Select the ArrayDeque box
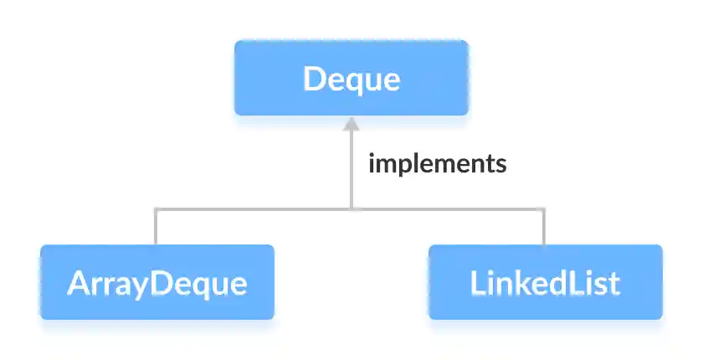pos(157,282)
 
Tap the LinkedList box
pos(545,282)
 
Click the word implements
pos(437,163)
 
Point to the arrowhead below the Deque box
pos(351,125)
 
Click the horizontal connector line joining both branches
pos(351,208)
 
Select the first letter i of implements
pos(372,163)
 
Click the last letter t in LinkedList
pos(615,284)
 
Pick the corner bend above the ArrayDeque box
pos(156,208)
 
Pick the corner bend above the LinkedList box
pos(545,208)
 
